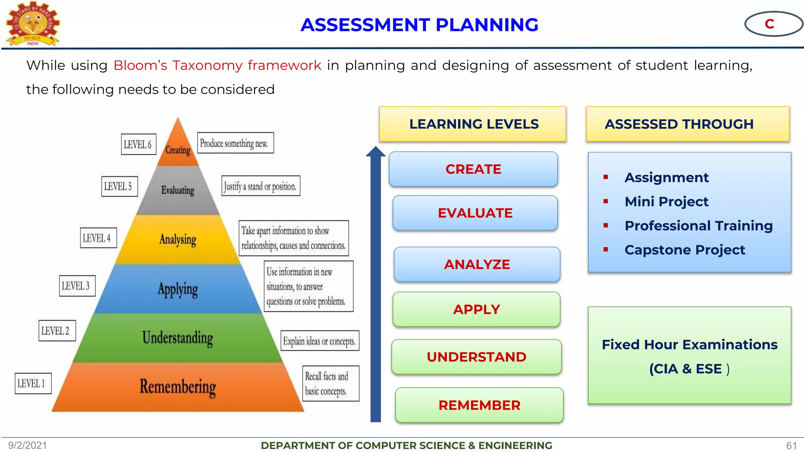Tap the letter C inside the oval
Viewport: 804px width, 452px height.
tap(769, 24)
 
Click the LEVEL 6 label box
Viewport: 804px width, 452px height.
tap(138, 144)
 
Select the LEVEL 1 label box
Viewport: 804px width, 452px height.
tap(33, 383)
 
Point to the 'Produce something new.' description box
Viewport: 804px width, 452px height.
tap(235, 143)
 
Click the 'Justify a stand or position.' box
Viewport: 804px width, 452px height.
tap(261, 186)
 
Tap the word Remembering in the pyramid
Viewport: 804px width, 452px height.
tap(178, 387)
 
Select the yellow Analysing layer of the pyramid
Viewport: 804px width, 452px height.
tap(178, 239)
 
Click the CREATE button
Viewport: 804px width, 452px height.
tap(473, 169)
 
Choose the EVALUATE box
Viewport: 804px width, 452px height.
tap(475, 213)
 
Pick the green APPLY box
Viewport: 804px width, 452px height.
tap(476, 309)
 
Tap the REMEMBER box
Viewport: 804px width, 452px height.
tap(479, 405)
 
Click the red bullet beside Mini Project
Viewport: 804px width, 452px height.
tap(606, 201)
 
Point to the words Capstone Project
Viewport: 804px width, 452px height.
tap(685, 250)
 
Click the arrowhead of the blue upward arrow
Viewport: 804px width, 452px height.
tap(376, 152)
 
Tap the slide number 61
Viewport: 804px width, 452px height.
tap(791, 445)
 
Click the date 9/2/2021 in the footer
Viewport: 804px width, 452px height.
tap(27, 445)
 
